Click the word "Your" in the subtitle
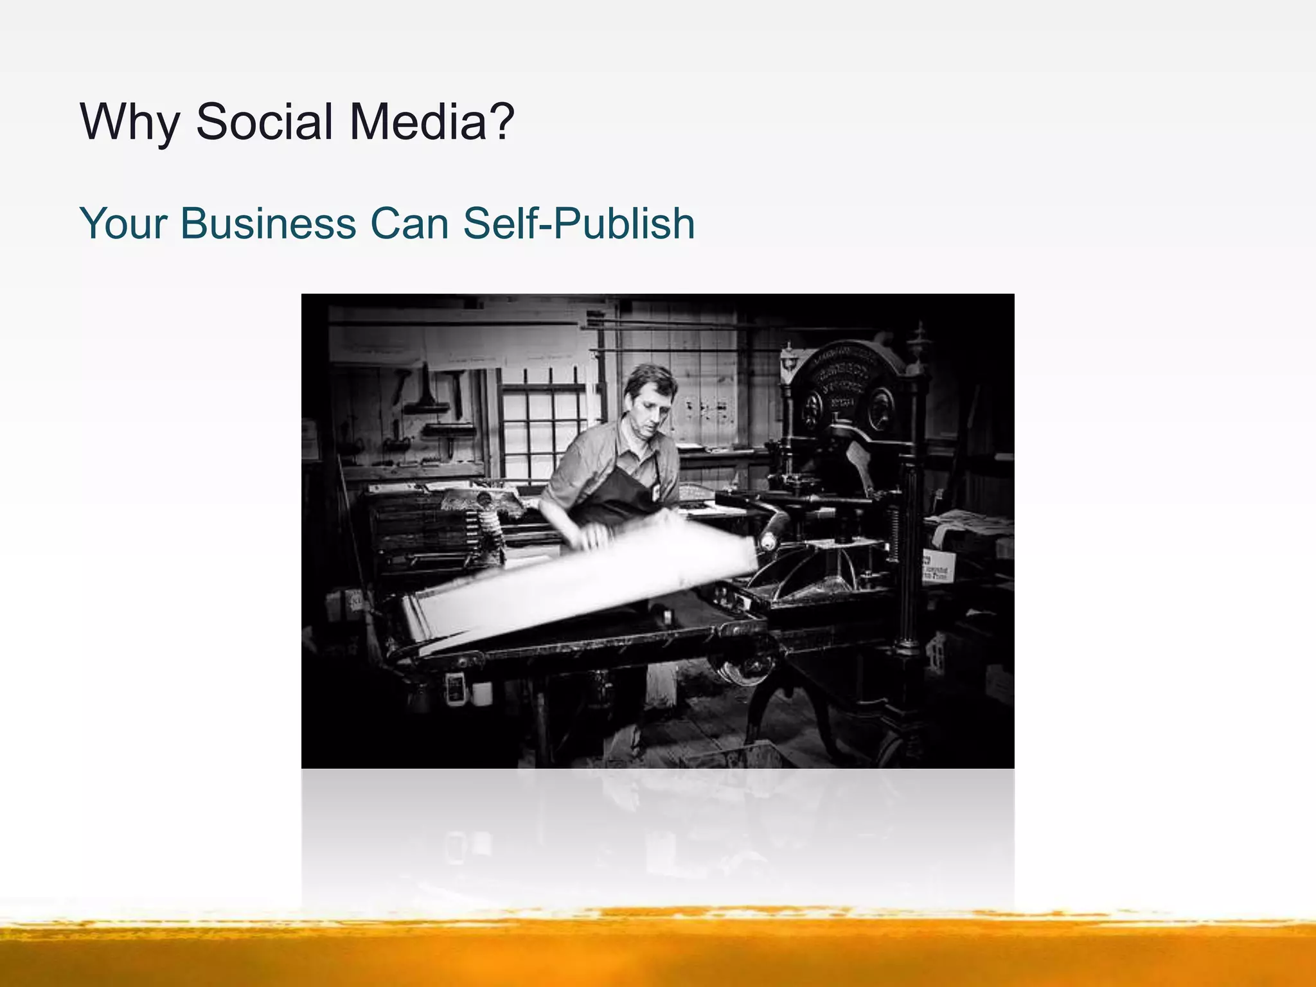point(123,224)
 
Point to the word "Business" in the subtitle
point(268,224)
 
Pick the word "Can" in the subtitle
point(409,224)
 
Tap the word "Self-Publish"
point(578,224)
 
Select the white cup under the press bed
point(482,693)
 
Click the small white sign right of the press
point(938,565)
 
